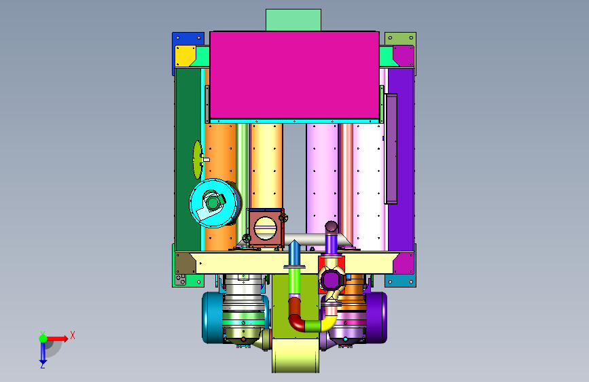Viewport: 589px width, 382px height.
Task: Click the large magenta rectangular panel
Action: (x=294, y=75)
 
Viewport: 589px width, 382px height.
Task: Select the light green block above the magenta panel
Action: (x=293, y=20)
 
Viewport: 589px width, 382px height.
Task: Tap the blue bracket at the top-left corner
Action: (x=188, y=39)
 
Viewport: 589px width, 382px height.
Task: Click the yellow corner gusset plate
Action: (x=184, y=56)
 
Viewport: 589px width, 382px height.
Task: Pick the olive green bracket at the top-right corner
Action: (x=400, y=38)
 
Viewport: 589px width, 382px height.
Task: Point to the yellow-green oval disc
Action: (x=197, y=160)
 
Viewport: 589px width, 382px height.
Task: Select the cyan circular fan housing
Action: (x=213, y=203)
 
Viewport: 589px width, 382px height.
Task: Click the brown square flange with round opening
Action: (x=265, y=228)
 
